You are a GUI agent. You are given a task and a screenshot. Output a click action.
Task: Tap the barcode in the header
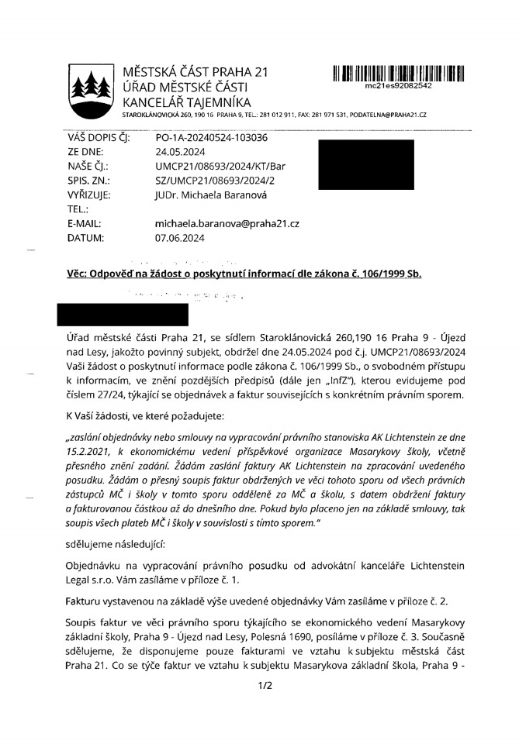click(398, 74)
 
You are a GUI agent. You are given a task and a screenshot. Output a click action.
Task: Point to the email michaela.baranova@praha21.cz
click(227, 224)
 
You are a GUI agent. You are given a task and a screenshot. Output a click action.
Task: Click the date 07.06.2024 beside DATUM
click(180, 239)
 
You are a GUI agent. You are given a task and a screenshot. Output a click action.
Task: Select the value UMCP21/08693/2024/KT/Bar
click(220, 167)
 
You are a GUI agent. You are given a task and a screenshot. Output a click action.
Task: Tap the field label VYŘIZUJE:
click(89, 195)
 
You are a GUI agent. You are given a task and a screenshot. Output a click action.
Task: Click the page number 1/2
click(262, 684)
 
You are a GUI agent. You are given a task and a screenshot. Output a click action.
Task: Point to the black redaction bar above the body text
click(123, 315)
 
